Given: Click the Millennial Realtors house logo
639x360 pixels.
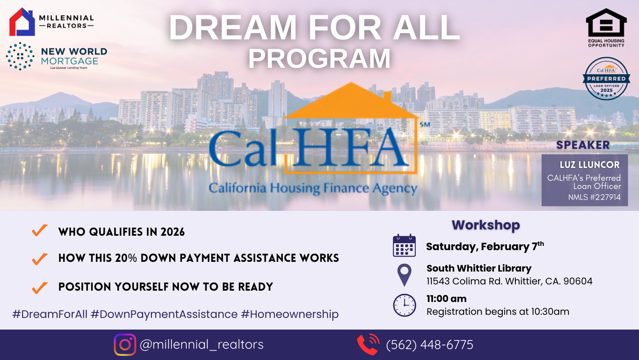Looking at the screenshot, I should pyautogui.click(x=22, y=22).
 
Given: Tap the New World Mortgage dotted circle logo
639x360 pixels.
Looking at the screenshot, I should pyautogui.click(x=20, y=56).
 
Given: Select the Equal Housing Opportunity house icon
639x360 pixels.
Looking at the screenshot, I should pyautogui.click(x=606, y=23).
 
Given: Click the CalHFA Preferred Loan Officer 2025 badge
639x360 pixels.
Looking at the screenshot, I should pyautogui.click(x=606, y=79).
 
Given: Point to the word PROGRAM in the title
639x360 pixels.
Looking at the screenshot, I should pyautogui.click(x=319, y=59).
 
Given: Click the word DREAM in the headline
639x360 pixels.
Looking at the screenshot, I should pyautogui.click(x=233, y=28).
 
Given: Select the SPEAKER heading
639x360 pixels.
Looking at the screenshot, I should pyautogui.click(x=583, y=145).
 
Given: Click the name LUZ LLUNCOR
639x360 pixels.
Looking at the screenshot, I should pyautogui.click(x=590, y=165).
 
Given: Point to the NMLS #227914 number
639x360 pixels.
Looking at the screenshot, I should pyautogui.click(x=594, y=197).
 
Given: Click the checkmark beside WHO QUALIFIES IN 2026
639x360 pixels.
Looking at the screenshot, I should pyautogui.click(x=40, y=230).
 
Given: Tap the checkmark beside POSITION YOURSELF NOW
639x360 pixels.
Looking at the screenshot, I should pyautogui.click(x=40, y=288).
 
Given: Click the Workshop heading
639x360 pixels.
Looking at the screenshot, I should pyautogui.click(x=486, y=225).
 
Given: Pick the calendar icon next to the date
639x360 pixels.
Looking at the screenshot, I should pyautogui.click(x=404, y=246).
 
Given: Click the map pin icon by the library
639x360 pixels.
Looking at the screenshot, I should pyautogui.click(x=404, y=274).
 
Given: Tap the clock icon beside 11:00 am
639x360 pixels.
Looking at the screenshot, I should pyautogui.click(x=404, y=305).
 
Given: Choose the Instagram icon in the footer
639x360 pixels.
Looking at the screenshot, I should pyautogui.click(x=125, y=344).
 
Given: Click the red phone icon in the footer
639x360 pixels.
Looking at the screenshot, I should pyautogui.click(x=368, y=344).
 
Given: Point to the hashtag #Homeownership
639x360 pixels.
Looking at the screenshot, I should pyautogui.click(x=290, y=314).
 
